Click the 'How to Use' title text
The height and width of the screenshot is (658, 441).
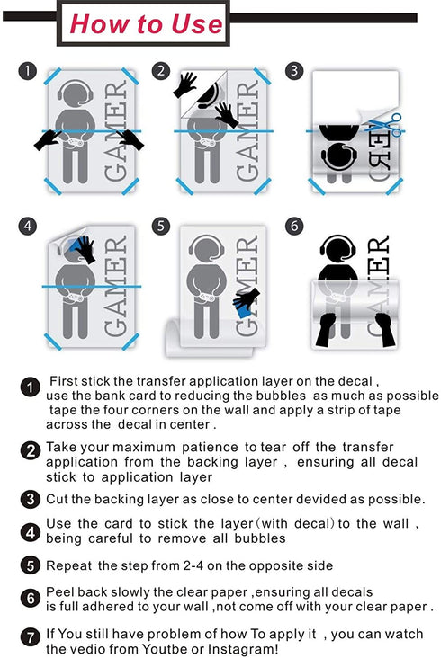[x=146, y=23]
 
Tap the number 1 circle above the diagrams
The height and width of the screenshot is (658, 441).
[x=27, y=70]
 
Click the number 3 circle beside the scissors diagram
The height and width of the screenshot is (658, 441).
[x=294, y=70]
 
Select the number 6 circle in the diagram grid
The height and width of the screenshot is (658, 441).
[x=294, y=227]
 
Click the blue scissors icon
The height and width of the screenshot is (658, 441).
[x=386, y=125]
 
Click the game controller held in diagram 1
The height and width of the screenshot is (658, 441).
[x=75, y=143]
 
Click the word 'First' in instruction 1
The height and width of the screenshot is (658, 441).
[x=64, y=381]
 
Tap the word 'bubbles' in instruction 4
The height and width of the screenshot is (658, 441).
[x=260, y=538]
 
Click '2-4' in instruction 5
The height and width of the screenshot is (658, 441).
[x=194, y=565]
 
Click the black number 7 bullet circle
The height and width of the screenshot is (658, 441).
[x=31, y=638]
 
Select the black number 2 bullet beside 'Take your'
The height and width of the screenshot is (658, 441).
[x=31, y=451]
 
